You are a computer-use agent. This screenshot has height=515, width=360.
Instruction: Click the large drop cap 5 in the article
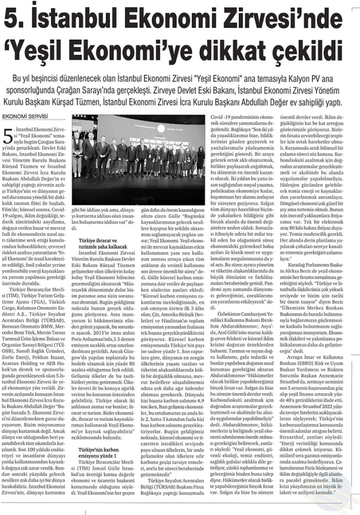(7, 136)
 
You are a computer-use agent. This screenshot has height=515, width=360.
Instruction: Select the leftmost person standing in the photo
(78, 154)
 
